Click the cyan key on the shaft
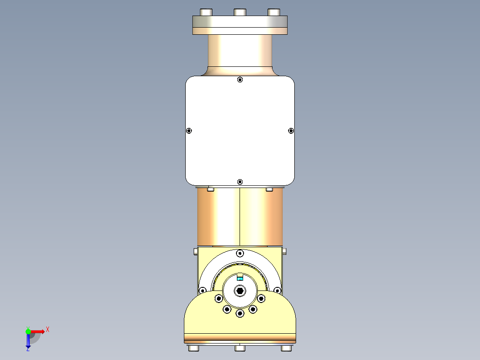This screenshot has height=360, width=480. [240, 278]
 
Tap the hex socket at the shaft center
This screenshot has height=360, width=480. [240, 291]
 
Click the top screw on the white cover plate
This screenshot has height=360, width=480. [240, 80]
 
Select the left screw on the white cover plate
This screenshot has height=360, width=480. [189, 131]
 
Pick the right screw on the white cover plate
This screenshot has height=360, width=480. [291, 131]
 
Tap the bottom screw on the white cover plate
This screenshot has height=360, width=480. [240, 182]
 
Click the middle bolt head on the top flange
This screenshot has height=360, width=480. [240, 12]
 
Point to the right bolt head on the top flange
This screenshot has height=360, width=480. [274, 12]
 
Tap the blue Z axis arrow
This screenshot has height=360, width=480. [28, 343]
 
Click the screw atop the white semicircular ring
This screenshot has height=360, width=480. [240, 254]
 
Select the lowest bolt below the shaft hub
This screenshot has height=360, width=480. [240, 314]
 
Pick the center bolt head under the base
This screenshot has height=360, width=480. [240, 348]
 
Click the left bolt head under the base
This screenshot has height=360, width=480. [194, 348]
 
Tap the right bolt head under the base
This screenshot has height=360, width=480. [286, 348]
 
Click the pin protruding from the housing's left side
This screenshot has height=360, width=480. [196, 252]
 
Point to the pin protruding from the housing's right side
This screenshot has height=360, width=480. [284, 252]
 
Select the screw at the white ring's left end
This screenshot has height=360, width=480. [203, 291]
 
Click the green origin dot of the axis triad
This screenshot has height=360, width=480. [28, 331]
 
